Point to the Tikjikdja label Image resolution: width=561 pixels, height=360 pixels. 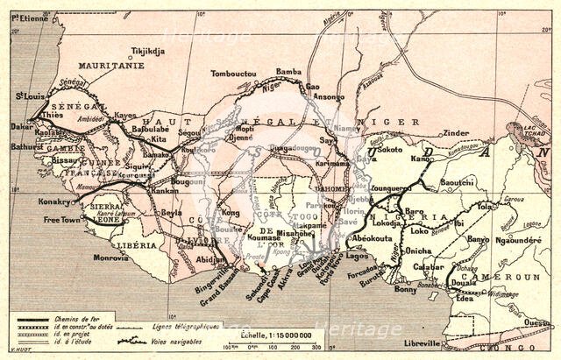(x=147, y=51)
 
